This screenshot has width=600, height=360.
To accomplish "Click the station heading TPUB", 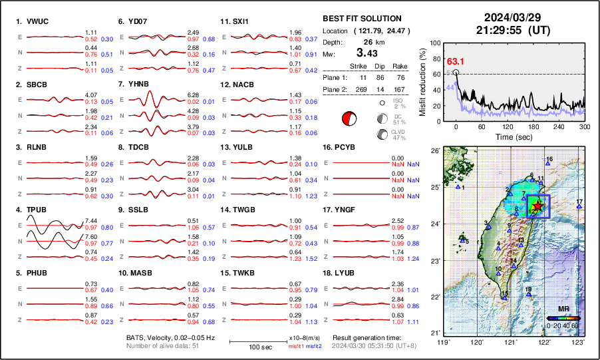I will [x=37, y=210].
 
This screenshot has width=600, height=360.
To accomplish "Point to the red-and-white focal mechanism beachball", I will [x=349, y=119].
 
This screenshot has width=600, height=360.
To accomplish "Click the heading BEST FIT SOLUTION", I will [x=361, y=19].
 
